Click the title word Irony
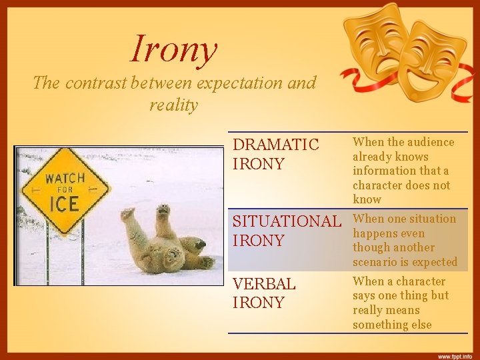point(175,49)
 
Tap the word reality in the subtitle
point(174,105)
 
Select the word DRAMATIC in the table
point(275,145)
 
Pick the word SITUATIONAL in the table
point(285,221)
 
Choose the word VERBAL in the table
point(264,283)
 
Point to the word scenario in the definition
point(377,262)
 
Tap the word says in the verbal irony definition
point(365,295)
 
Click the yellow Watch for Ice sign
point(65,190)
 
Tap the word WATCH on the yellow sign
point(65,178)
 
